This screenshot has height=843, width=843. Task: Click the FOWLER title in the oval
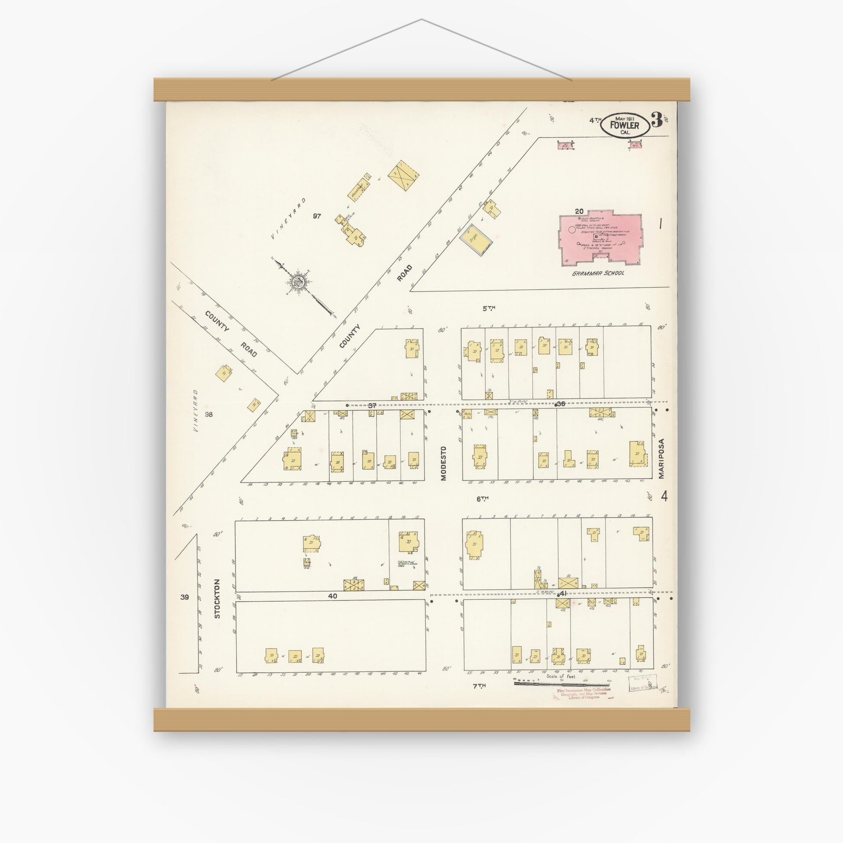tap(624, 126)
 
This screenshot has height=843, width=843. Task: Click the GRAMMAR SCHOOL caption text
tap(598, 273)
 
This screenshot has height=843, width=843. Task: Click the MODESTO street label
tap(444, 464)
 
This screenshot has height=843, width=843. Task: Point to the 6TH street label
tap(482, 498)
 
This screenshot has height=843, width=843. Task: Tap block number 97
tap(317, 216)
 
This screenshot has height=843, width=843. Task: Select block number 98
tap(209, 415)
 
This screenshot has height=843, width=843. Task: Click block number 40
tap(333, 596)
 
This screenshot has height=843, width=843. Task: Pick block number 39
tap(185, 597)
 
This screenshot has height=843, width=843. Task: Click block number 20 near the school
tap(579, 212)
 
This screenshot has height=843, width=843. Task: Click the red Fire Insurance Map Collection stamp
tap(584, 694)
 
